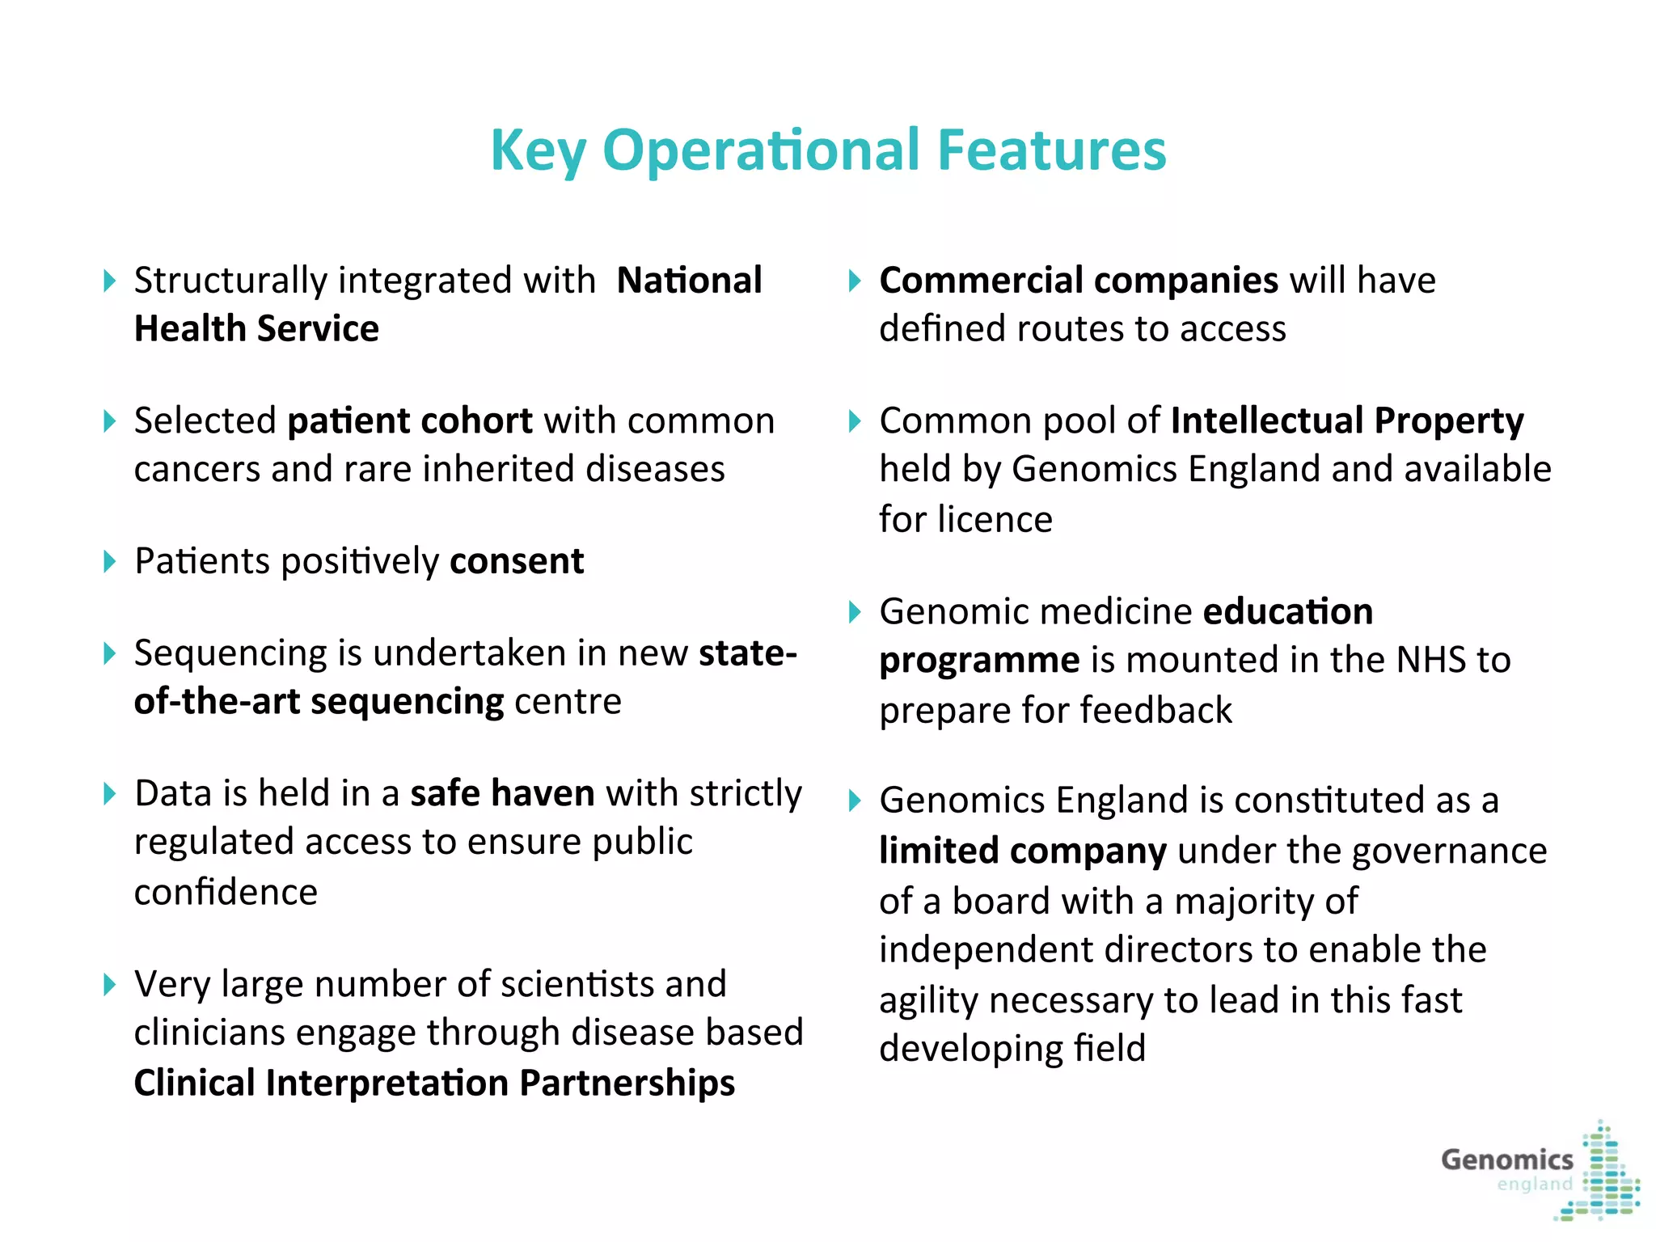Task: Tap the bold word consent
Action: click(517, 561)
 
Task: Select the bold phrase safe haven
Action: click(502, 793)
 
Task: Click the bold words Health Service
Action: click(256, 329)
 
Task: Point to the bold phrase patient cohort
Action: click(410, 421)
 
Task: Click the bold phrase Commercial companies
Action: click(1079, 281)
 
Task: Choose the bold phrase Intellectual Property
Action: click(1346, 421)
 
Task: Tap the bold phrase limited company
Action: click(1023, 851)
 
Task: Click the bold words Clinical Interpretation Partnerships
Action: click(434, 1084)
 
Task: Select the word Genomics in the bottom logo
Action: click(1506, 1160)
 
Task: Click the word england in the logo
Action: click(1534, 1185)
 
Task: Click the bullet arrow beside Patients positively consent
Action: click(110, 561)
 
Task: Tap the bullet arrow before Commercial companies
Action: click(855, 281)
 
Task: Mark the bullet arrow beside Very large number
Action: click(110, 985)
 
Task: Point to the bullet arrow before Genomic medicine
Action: click(855, 612)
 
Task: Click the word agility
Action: click(928, 1001)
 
